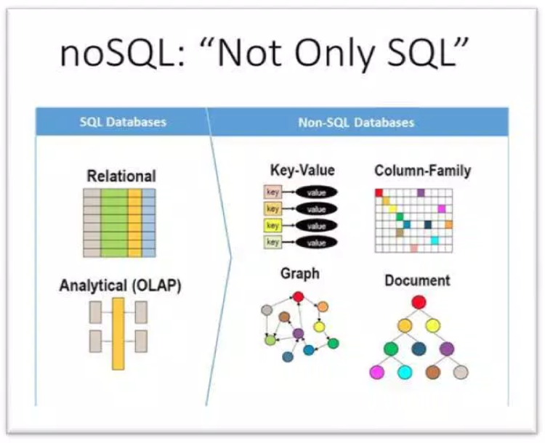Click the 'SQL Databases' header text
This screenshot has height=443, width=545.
123,122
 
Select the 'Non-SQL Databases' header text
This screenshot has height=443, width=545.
356,122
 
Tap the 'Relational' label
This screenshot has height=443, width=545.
121,176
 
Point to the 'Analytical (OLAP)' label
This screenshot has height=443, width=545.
120,285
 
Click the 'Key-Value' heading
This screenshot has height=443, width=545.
302,170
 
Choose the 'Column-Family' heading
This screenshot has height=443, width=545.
423,171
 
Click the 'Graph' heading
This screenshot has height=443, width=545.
300,274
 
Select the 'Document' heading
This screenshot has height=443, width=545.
417,280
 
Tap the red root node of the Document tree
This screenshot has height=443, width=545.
419,302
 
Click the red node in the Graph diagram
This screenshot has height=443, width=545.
298,297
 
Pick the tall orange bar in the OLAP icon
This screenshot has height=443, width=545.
118,333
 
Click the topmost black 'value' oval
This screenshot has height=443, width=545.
316,192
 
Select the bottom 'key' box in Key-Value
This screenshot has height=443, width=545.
272,242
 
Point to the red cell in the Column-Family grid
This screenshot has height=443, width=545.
379,193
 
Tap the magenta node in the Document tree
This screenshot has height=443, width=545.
377,373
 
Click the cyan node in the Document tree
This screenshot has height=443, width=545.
405,373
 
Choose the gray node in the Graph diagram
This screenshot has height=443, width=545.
267,310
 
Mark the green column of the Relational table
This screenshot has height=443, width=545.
114,223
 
